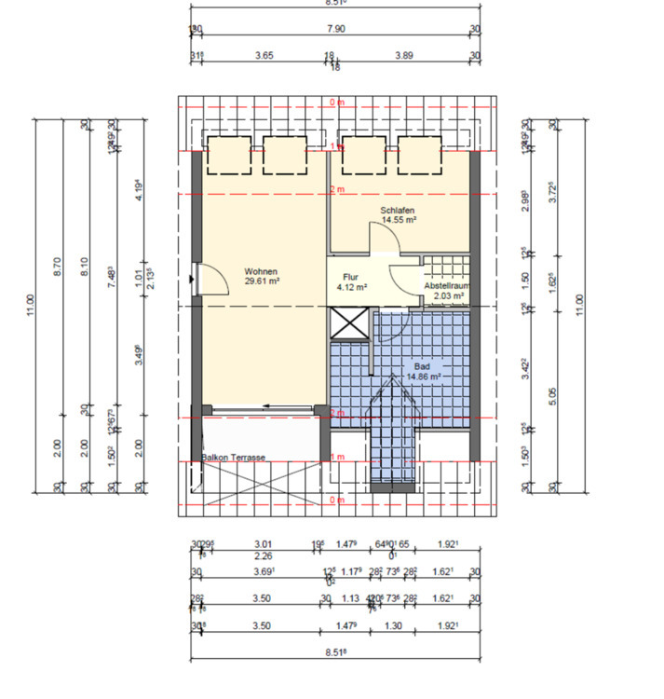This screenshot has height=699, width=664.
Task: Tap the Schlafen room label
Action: (397, 211)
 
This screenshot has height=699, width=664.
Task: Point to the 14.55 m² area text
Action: (398, 220)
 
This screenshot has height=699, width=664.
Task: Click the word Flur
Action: (350, 278)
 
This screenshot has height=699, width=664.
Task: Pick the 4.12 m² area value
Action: (351, 288)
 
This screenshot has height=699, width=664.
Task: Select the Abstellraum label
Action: (447, 287)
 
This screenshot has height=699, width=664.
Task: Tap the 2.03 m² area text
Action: (448, 297)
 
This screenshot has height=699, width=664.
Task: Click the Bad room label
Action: (422, 367)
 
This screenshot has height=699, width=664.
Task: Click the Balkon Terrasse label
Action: (235, 458)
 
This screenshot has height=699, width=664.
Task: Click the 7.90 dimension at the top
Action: (337, 30)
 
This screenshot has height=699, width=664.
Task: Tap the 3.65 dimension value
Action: (264, 56)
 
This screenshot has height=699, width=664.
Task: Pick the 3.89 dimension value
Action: (404, 56)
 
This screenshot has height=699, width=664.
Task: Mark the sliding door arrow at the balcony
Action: (272, 406)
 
